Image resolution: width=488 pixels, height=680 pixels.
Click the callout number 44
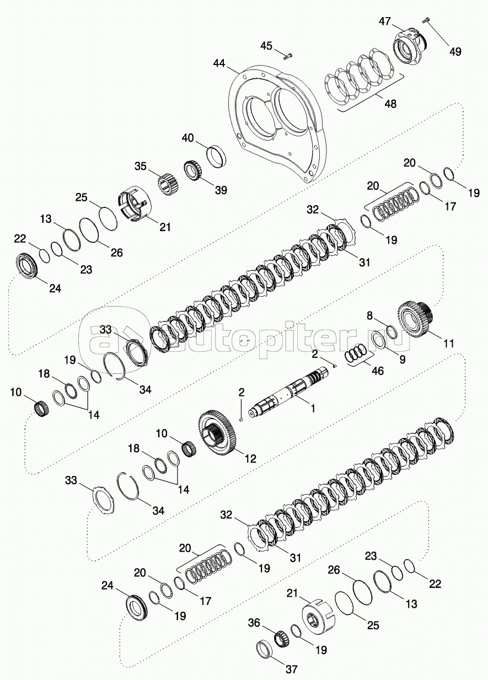[x=219, y=65]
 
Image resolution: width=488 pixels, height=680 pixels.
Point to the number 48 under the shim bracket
[x=390, y=103]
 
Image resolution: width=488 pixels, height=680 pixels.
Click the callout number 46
[x=378, y=371]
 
